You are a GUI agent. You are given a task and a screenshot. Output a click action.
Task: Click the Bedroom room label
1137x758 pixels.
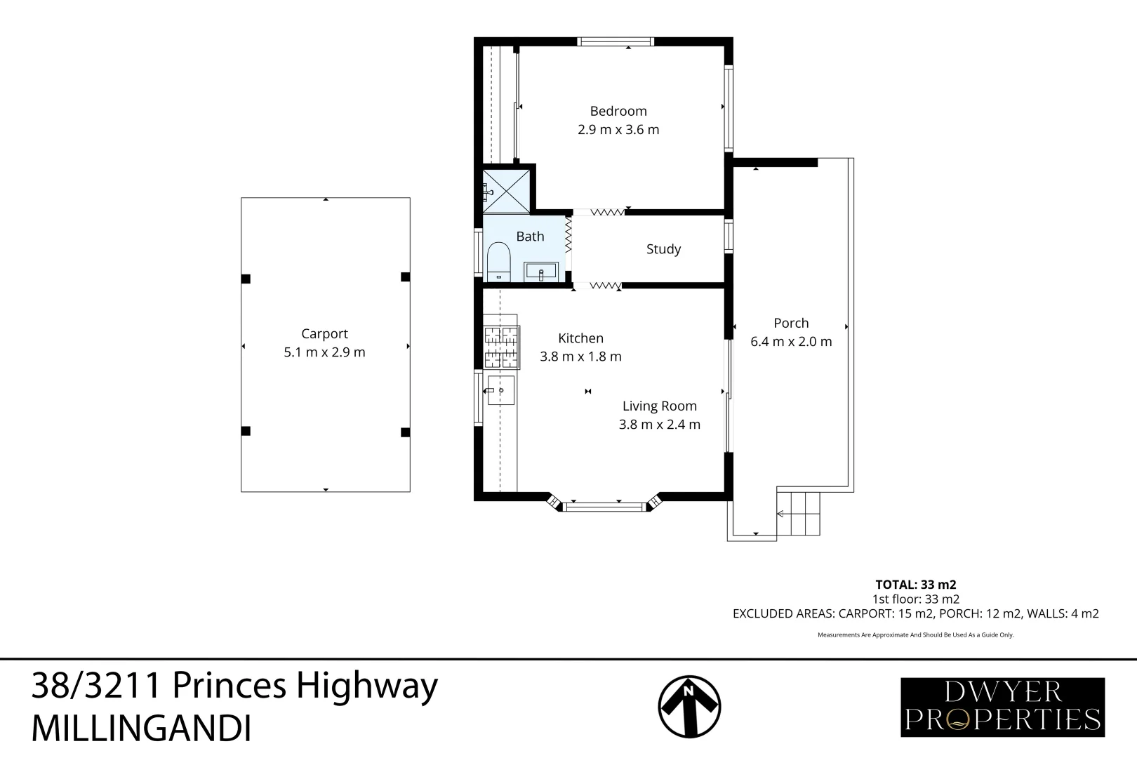click(x=618, y=111)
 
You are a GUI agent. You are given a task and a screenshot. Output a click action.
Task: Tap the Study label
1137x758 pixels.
click(x=663, y=249)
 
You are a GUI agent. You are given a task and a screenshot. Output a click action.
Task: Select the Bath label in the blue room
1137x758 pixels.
click(x=530, y=236)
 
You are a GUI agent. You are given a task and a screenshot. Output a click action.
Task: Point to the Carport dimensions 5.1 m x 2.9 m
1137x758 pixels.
click(x=324, y=352)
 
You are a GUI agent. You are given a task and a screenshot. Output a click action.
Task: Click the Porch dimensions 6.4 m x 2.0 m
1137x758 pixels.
click(x=791, y=342)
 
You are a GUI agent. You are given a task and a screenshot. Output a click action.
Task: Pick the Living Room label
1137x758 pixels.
click(x=659, y=406)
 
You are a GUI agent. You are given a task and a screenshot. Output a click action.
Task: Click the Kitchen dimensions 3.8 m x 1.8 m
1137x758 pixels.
click(x=580, y=357)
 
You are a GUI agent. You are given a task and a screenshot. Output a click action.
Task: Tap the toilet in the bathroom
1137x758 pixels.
click(x=498, y=262)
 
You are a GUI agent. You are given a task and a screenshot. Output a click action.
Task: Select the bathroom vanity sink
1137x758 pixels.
click(x=541, y=272)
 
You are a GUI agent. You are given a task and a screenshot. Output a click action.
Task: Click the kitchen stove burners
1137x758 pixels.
click(x=502, y=347)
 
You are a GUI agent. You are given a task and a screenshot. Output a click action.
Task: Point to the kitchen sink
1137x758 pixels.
click(x=501, y=390)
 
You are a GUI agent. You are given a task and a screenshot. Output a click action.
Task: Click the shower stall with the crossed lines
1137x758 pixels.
click(x=506, y=192)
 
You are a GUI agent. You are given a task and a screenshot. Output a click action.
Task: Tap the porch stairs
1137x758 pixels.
click(x=799, y=514)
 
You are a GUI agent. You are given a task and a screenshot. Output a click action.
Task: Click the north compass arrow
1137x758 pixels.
click(x=689, y=706)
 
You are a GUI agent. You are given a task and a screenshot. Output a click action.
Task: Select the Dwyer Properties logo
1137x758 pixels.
click(x=1002, y=707)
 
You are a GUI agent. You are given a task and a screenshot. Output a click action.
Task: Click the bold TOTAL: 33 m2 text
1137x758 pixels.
click(x=916, y=585)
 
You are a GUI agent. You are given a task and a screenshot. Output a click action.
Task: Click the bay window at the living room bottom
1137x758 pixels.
click(x=604, y=505)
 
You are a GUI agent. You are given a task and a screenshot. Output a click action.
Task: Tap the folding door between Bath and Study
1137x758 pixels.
click(x=568, y=234)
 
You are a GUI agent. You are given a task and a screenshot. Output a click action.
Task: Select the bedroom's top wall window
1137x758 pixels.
click(x=616, y=41)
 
